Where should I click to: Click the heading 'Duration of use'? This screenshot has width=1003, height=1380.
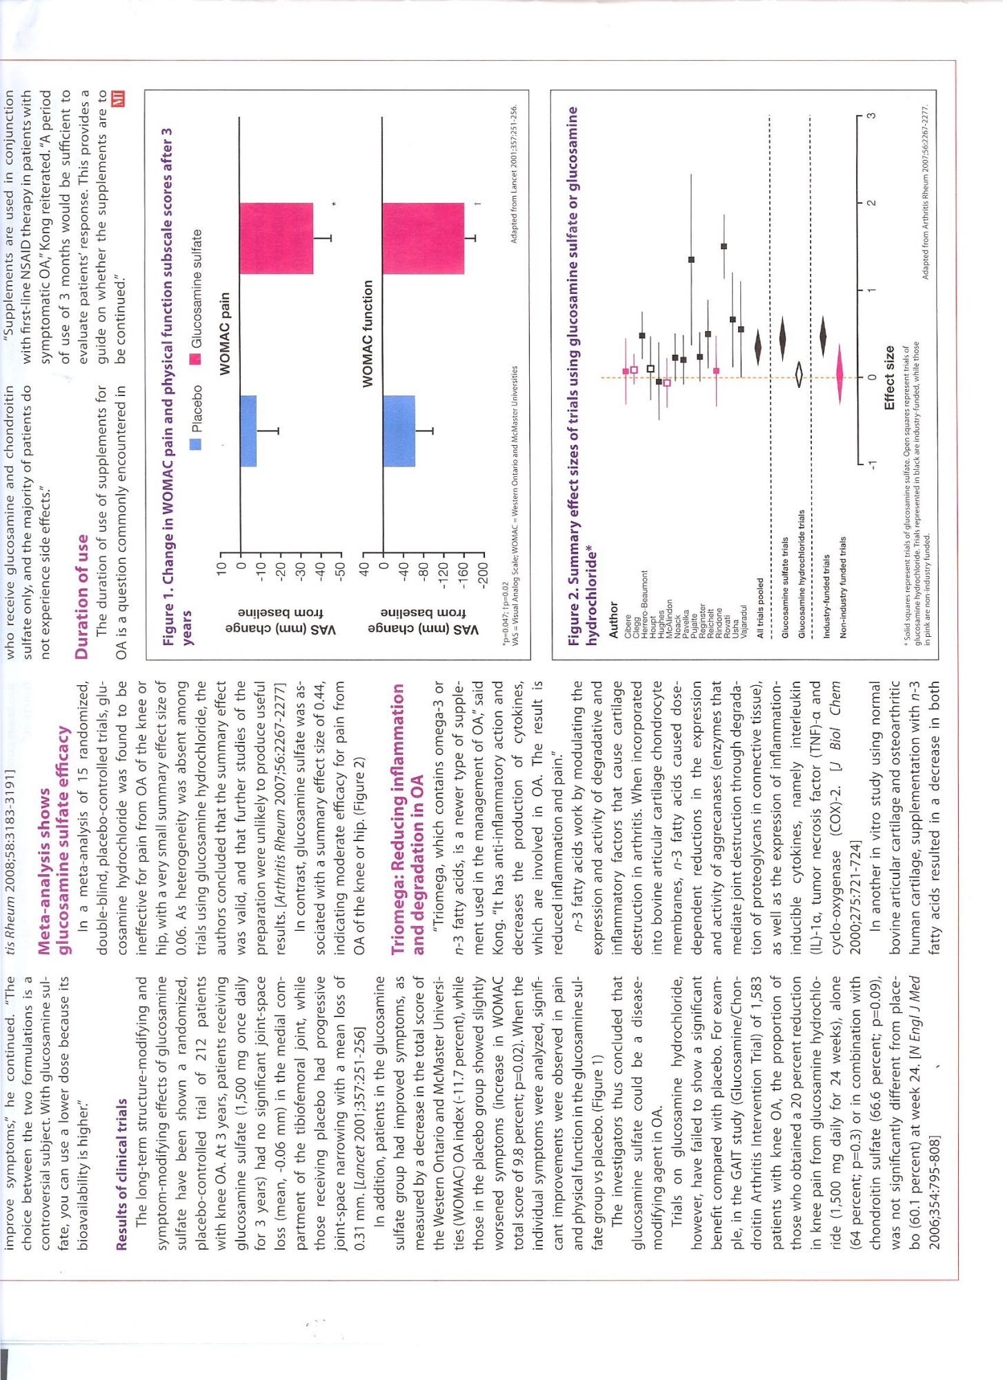[82, 597]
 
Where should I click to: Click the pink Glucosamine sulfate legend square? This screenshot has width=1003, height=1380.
[196, 358]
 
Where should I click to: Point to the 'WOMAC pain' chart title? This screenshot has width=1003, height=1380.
[225, 334]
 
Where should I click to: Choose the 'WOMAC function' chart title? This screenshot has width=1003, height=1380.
[368, 333]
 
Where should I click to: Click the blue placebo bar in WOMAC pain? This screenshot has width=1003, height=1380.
[248, 431]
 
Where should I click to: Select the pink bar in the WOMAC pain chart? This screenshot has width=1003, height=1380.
[276, 238]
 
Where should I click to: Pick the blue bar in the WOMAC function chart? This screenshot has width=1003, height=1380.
[399, 431]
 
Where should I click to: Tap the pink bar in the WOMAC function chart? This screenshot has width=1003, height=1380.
[423, 238]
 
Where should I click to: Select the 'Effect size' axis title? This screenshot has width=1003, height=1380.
[889, 377]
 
